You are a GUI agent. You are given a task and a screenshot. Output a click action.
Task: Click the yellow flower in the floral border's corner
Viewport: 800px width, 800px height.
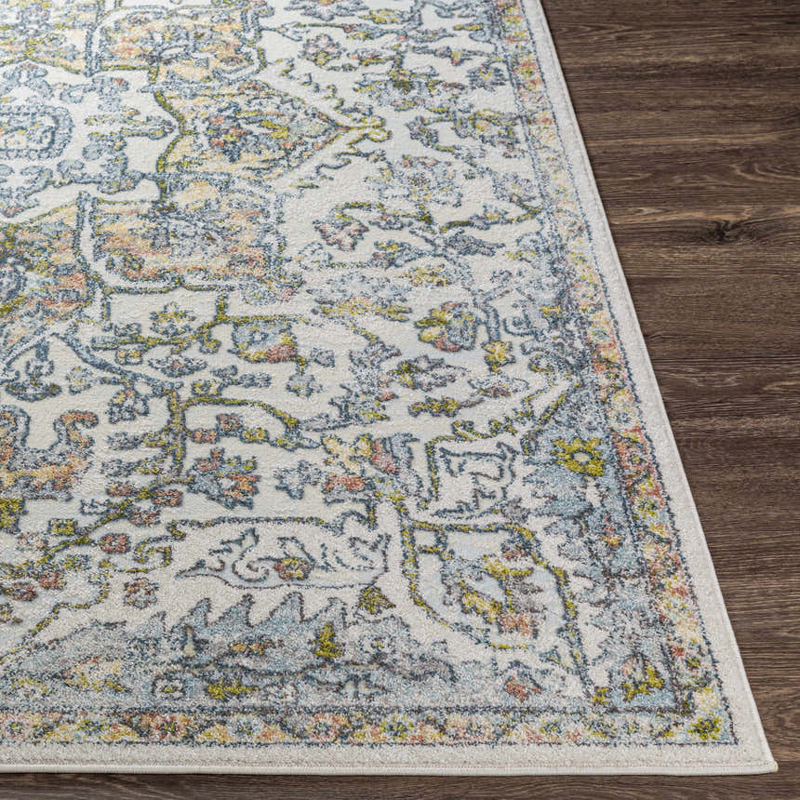point(706,726)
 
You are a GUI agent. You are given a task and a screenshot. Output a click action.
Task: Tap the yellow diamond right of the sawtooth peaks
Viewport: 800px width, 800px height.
point(374,600)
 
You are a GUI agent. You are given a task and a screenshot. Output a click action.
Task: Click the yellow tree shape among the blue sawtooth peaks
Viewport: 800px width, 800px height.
point(326,642)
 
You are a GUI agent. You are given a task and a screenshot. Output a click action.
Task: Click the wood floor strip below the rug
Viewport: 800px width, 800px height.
point(372,786)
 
